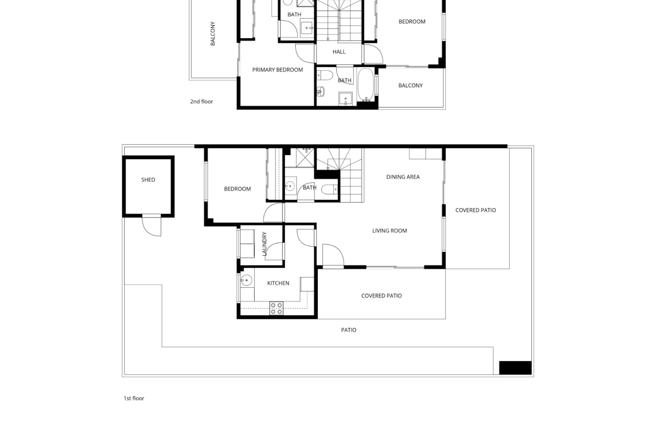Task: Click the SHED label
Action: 148,180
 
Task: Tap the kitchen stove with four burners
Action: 276,308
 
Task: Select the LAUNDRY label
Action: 264,244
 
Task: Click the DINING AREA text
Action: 403,177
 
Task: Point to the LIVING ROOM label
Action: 389,231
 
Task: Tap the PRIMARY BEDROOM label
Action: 277,70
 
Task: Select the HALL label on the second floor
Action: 339,52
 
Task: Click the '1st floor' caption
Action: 134,398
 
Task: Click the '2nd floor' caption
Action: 202,101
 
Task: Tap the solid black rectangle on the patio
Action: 515,368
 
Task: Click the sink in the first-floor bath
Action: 290,186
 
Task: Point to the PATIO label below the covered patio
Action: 348,330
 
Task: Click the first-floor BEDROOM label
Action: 237,189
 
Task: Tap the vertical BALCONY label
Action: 213,33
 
